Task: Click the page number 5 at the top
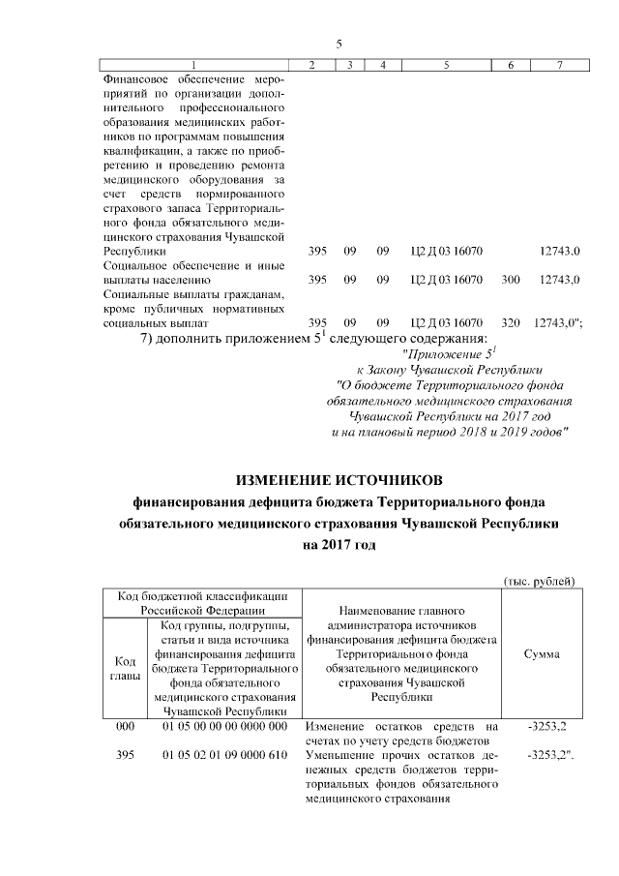coord(339,44)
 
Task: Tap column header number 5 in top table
coord(446,65)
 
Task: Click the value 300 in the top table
coord(510,280)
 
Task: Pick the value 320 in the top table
coord(510,321)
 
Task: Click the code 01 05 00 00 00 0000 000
coord(224,726)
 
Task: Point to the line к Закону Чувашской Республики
coord(449,370)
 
